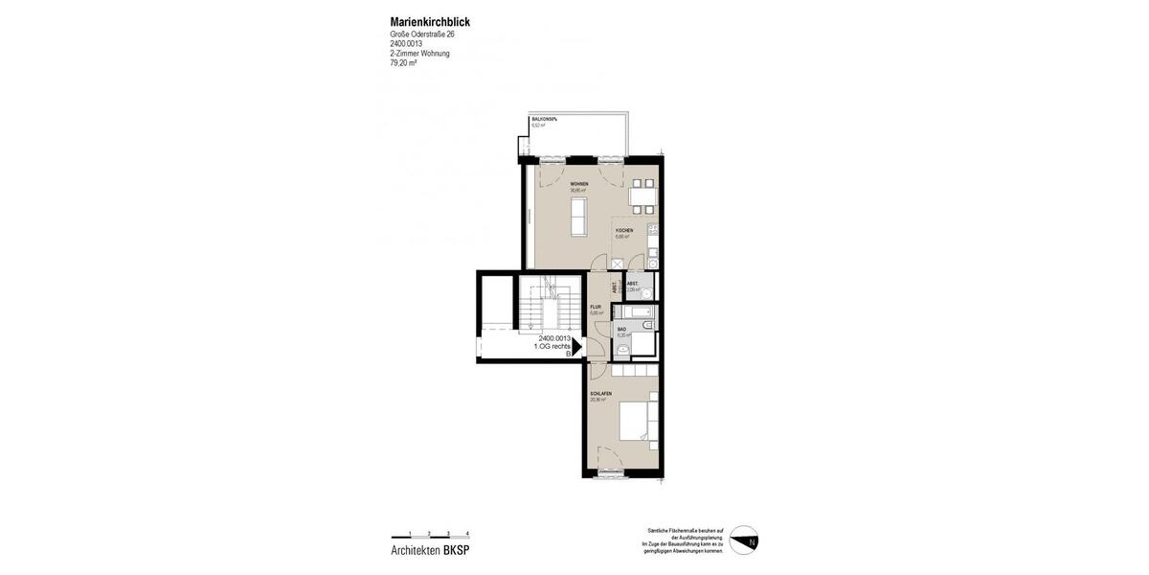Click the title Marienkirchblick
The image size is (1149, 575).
pyautogui.click(x=430, y=22)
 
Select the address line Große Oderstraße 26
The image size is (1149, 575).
pyautogui.click(x=422, y=34)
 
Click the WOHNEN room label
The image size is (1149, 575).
pyautogui.click(x=579, y=183)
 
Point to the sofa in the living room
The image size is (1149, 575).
pyautogui.click(x=579, y=217)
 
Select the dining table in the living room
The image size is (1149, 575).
pyautogui.click(x=643, y=195)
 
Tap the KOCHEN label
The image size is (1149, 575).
pyautogui.click(x=623, y=230)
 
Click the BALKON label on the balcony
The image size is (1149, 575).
pyautogui.click(x=545, y=119)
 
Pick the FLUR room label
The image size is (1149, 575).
pyautogui.click(x=595, y=307)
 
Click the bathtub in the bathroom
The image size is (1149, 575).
pyautogui.click(x=634, y=311)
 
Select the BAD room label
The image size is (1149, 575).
pyautogui.click(x=621, y=329)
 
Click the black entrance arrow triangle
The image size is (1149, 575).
pyautogui.click(x=576, y=346)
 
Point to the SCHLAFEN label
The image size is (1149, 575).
pyautogui.click(x=601, y=394)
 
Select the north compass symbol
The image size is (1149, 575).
pyautogui.click(x=744, y=540)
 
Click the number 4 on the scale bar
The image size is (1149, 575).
pyautogui.click(x=467, y=532)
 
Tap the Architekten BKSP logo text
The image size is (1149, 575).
pyautogui.click(x=430, y=550)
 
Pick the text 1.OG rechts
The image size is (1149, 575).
pyautogui.click(x=552, y=346)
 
